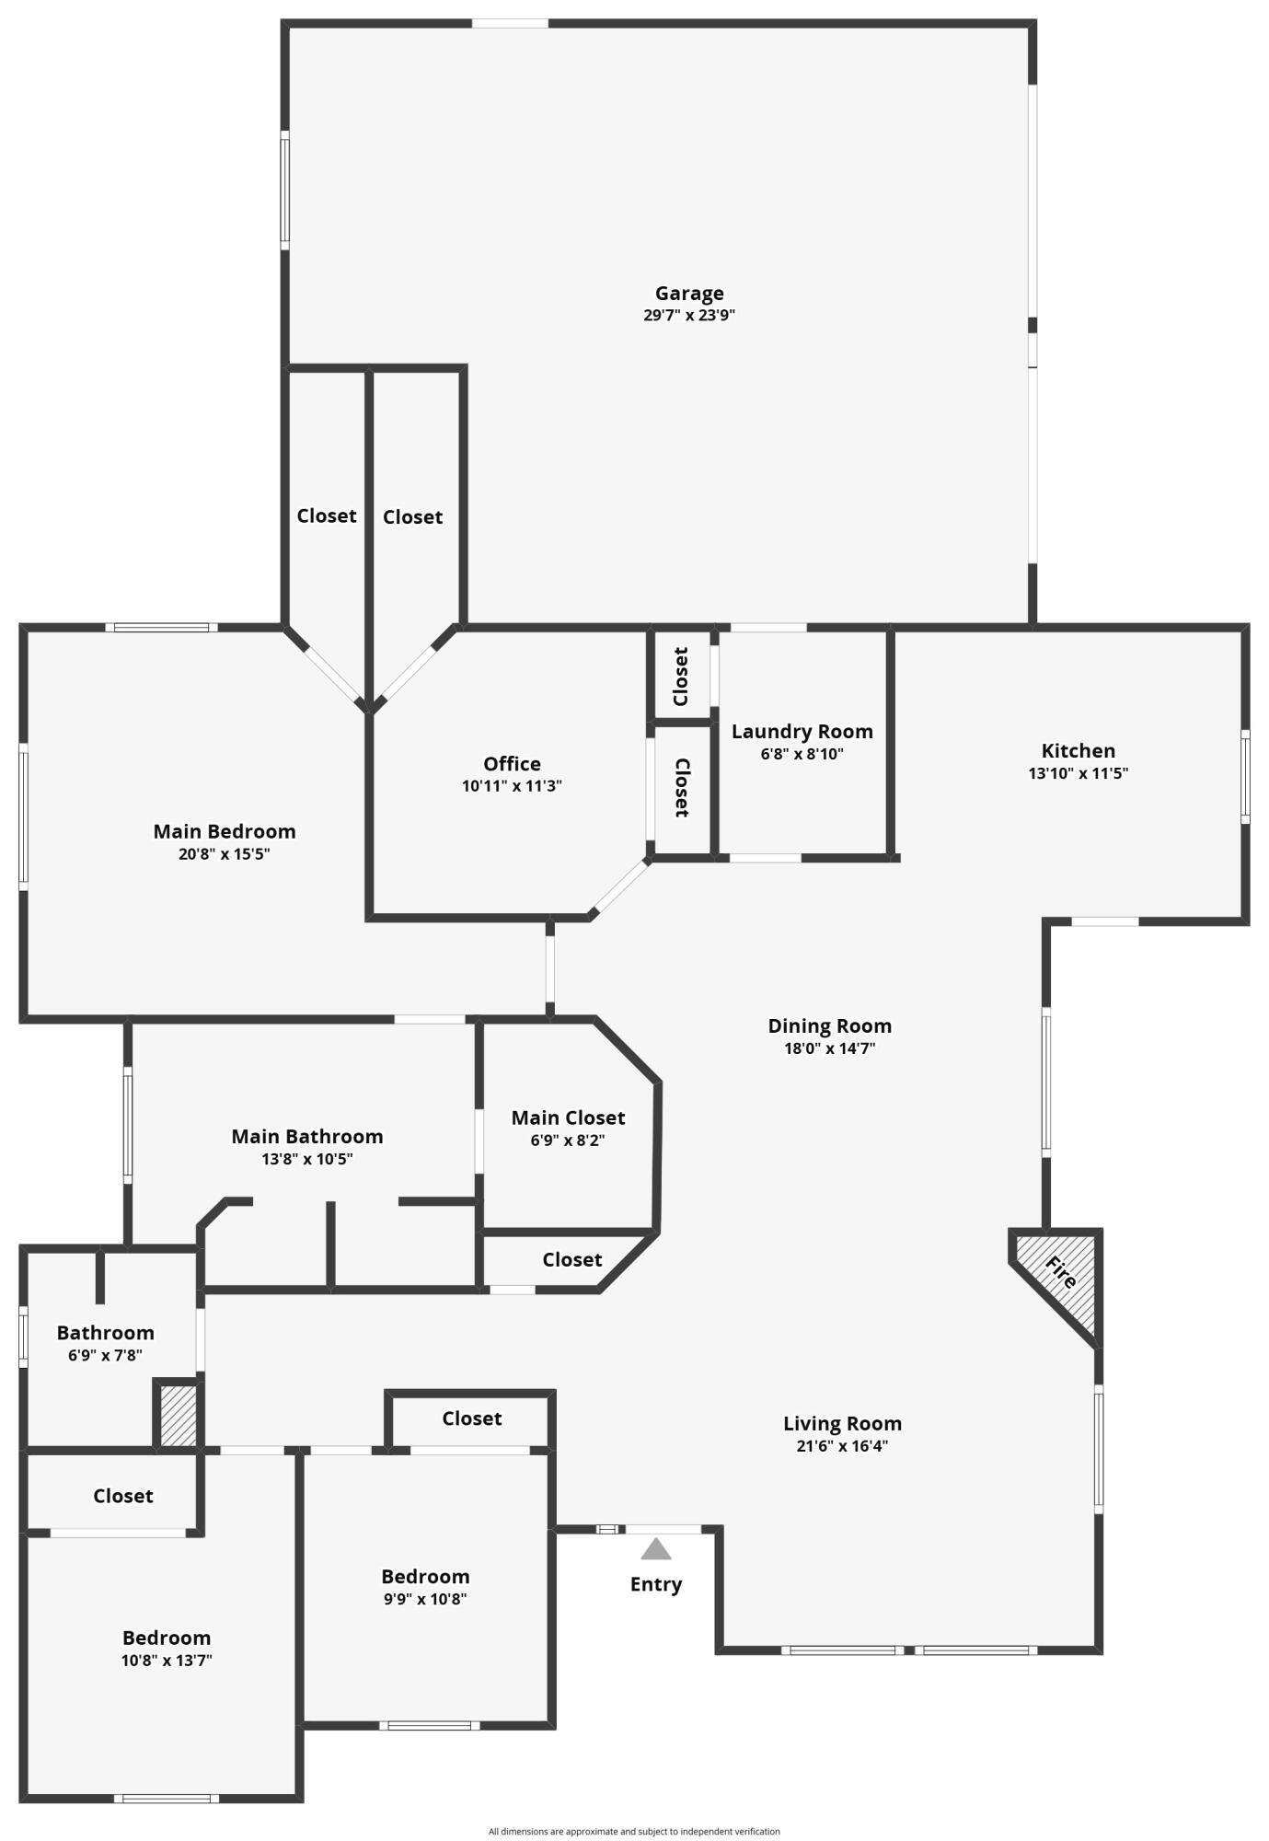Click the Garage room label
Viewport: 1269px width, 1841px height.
[689, 294]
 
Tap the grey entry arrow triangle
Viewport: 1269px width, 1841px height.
[655, 1550]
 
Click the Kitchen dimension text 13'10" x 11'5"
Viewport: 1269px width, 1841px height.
[1078, 773]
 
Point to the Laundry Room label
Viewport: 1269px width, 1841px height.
[802, 732]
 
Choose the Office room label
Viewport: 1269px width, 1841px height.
[512, 764]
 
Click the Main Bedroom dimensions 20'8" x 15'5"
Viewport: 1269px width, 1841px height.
[225, 854]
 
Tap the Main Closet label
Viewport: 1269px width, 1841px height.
[568, 1117]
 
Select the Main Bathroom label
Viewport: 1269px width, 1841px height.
[306, 1137]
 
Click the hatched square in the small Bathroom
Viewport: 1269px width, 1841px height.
[178, 1415]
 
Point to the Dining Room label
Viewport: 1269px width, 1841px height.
[829, 1025]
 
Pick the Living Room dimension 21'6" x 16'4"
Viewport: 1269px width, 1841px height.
[842, 1446]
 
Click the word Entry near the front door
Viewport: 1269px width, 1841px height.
[655, 1584]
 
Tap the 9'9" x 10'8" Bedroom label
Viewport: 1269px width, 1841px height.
[425, 1577]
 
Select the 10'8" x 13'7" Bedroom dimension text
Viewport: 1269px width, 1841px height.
[167, 1661]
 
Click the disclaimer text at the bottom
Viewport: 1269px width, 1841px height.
[634, 1831]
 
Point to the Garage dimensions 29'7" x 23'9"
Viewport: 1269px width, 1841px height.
[689, 316]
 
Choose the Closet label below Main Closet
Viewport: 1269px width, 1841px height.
[571, 1259]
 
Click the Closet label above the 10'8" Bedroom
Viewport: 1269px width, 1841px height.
[122, 1496]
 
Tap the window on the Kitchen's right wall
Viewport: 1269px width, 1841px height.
[1244, 776]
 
